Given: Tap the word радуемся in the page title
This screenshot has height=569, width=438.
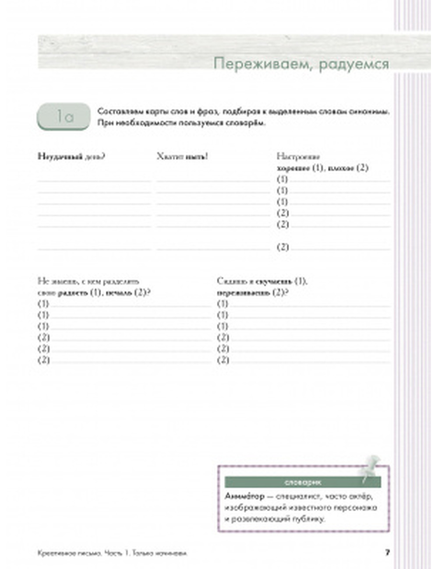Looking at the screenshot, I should coord(353,64).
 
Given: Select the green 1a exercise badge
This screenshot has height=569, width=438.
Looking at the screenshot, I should coord(64,117).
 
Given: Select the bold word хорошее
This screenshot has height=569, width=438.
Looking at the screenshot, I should coord(293,168).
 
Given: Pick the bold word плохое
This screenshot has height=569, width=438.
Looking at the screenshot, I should coord(342,168).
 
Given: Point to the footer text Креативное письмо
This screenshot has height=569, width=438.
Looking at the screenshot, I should coord(68,553).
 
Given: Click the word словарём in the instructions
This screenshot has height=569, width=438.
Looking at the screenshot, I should coord(248,123).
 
